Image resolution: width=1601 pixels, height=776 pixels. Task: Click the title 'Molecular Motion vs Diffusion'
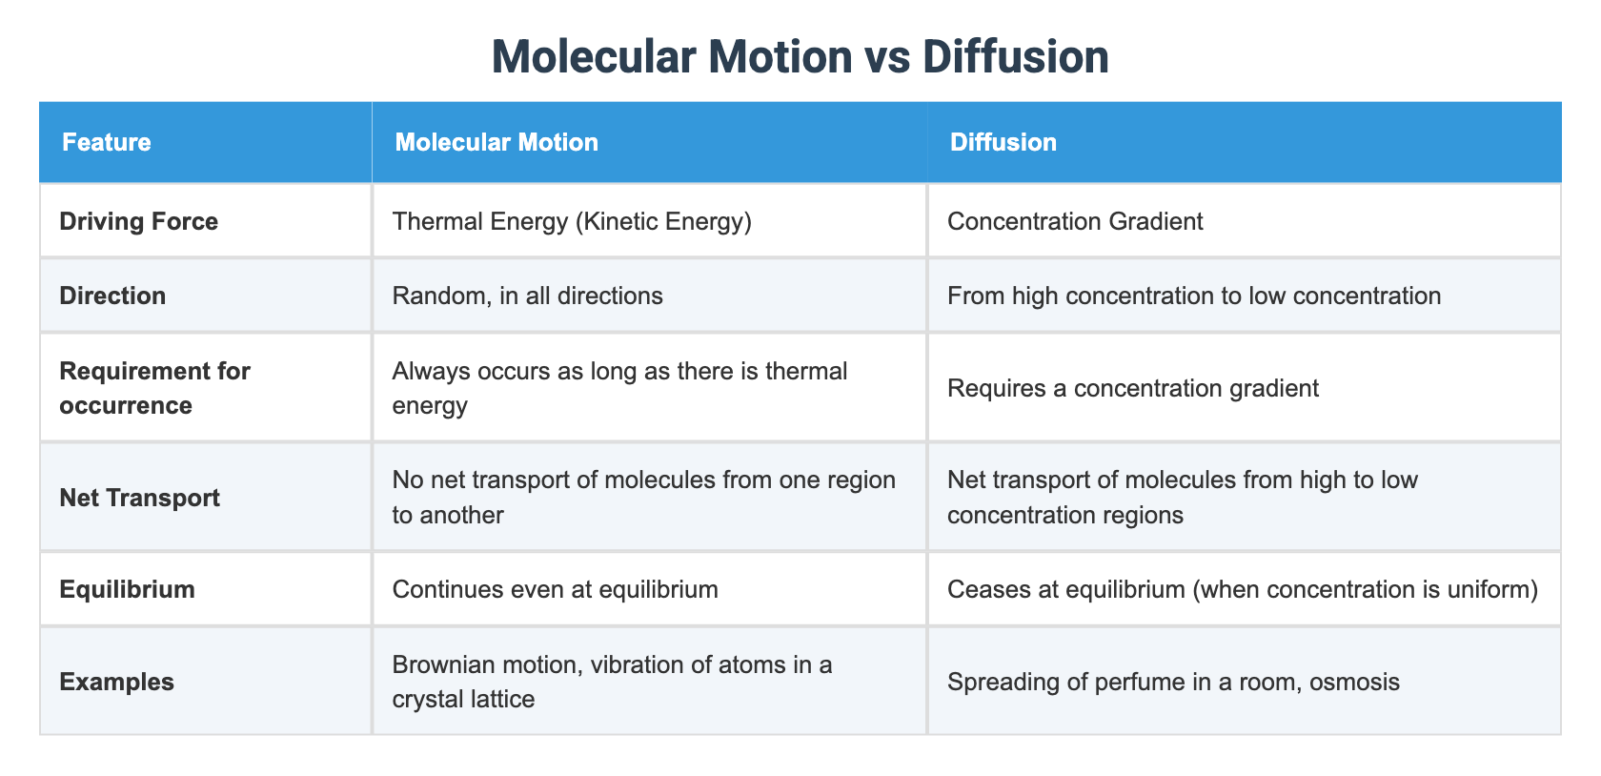coord(800,57)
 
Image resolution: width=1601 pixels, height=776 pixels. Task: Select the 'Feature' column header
coord(106,143)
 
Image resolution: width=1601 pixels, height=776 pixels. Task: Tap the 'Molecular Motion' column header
coord(497,143)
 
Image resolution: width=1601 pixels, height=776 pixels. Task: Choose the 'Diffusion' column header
coord(1003,143)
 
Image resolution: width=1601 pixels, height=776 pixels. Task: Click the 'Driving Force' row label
coord(138,222)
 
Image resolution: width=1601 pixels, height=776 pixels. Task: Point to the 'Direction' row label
coord(112,296)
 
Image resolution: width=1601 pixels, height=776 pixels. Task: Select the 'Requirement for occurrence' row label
coord(154,388)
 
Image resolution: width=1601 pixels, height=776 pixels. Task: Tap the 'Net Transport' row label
coord(139,498)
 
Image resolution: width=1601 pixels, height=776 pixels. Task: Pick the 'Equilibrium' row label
coord(127,589)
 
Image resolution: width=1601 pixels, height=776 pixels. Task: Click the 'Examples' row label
coord(116,682)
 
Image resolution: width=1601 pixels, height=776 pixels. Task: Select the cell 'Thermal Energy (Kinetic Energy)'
coord(572,222)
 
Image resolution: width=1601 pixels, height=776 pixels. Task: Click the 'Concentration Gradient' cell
coord(1075,222)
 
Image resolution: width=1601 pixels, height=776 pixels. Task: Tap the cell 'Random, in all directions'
coord(527,296)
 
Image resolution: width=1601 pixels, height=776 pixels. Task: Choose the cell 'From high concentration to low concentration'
coord(1194,296)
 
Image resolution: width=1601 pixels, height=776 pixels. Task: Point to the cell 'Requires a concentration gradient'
coord(1133,388)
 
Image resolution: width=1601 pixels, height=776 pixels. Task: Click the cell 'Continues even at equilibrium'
coord(555,589)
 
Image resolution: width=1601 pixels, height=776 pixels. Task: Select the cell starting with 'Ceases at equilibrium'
coord(1243,589)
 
